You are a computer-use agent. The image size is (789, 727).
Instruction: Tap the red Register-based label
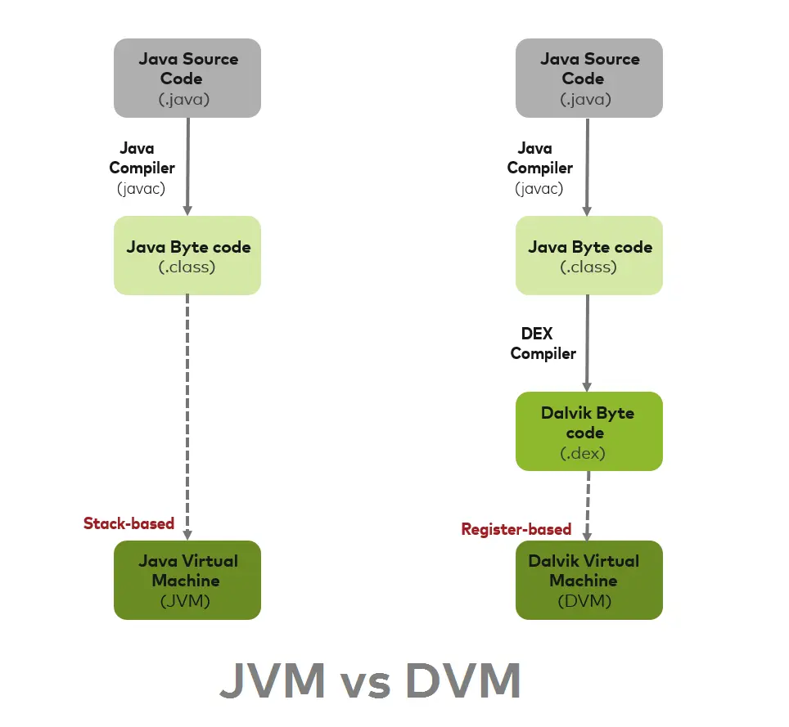[516, 529]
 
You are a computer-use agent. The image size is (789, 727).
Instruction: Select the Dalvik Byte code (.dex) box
[588, 431]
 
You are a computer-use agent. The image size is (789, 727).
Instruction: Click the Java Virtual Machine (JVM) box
[187, 579]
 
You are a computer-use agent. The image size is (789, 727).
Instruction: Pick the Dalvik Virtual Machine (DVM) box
[588, 579]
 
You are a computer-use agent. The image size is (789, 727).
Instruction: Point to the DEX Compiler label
[543, 343]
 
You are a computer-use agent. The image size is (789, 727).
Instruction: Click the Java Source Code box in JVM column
[187, 78]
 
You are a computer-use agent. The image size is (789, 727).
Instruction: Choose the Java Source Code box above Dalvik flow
[588, 78]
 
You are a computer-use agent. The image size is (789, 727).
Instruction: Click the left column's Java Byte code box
[187, 255]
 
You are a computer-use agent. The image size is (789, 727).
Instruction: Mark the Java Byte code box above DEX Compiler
[588, 255]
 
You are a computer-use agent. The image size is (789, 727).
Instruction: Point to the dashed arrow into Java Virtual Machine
[187, 409]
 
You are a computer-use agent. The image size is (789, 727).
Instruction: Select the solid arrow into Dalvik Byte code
[587, 343]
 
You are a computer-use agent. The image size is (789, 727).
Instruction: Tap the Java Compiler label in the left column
[142, 159]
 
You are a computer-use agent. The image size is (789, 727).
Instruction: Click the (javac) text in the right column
[539, 188]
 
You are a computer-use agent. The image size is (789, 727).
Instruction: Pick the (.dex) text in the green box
[583, 452]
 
